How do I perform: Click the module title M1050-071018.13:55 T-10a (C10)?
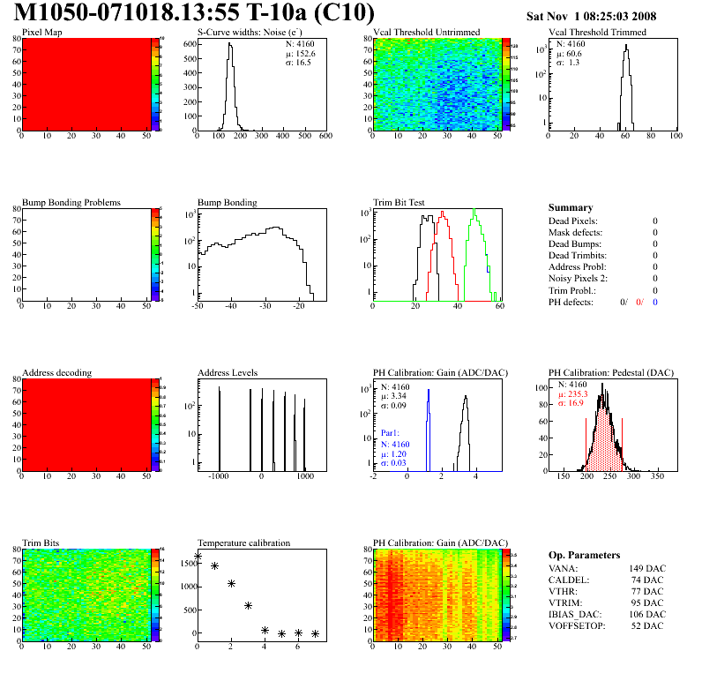194,14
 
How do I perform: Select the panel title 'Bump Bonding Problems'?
71,203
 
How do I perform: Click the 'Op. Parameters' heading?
584,555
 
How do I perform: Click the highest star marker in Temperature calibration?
198,556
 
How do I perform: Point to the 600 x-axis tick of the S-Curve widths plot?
325,137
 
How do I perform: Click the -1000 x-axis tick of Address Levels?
219,475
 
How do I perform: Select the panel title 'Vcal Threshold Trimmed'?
597,33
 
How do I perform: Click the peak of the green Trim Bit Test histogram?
474,211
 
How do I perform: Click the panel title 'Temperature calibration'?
243,543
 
